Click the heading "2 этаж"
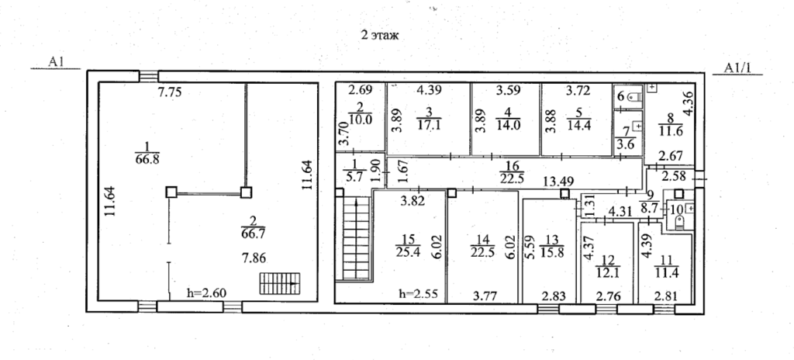pos(380,36)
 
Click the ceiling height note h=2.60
pos(206,292)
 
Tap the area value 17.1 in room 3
pos(428,125)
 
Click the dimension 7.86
pos(254,258)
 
